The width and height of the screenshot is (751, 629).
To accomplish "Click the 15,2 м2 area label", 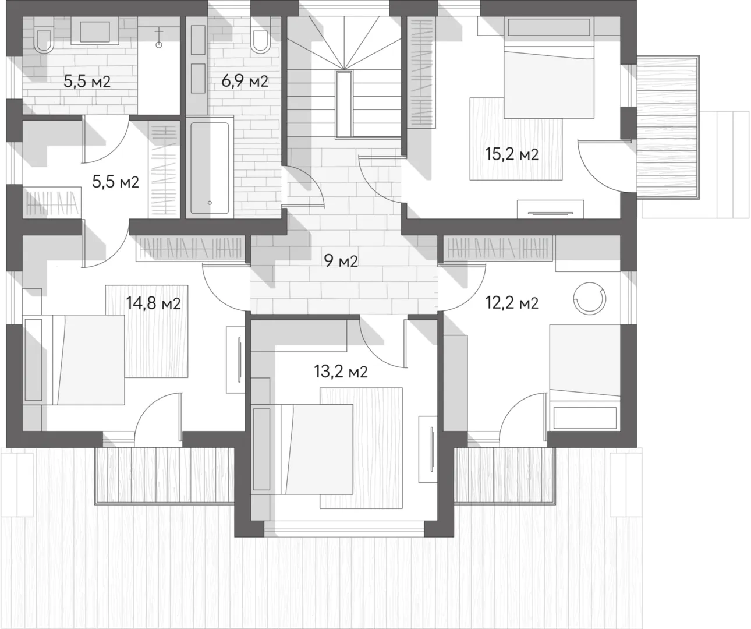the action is coord(512,154).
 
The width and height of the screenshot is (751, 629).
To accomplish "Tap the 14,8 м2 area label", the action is coord(153,303).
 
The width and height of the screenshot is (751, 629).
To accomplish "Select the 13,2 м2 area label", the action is coord(341,372).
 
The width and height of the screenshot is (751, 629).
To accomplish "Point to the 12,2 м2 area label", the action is coord(512,303).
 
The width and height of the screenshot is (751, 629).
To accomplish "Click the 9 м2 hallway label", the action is coord(341,261).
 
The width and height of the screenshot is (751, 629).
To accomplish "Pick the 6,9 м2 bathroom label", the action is coord(245,82).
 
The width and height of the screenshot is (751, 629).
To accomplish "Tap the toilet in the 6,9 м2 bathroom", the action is coord(260,40).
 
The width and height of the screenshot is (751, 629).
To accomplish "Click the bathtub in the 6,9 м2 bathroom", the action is coord(210,167).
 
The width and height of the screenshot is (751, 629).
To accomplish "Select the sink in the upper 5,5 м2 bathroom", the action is coord(95,31).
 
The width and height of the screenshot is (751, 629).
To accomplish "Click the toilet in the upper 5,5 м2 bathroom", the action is coord(43,40).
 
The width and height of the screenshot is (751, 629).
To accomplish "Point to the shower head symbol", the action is coord(158,40).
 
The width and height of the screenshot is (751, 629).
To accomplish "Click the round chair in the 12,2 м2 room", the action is coord(590,298).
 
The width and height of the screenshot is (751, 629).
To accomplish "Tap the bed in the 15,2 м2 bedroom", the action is coord(548,68).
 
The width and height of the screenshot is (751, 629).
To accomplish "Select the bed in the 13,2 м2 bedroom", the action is coord(302,450).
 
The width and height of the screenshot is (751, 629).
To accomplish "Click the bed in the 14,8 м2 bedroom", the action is coord(74,360).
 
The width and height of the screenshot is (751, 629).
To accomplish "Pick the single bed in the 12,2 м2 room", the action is coord(585,377).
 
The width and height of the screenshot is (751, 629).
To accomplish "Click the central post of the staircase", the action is coord(344,104).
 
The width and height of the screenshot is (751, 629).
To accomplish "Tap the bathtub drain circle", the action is coord(210,203).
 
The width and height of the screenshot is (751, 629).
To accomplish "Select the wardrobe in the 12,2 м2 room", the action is coord(498,248).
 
